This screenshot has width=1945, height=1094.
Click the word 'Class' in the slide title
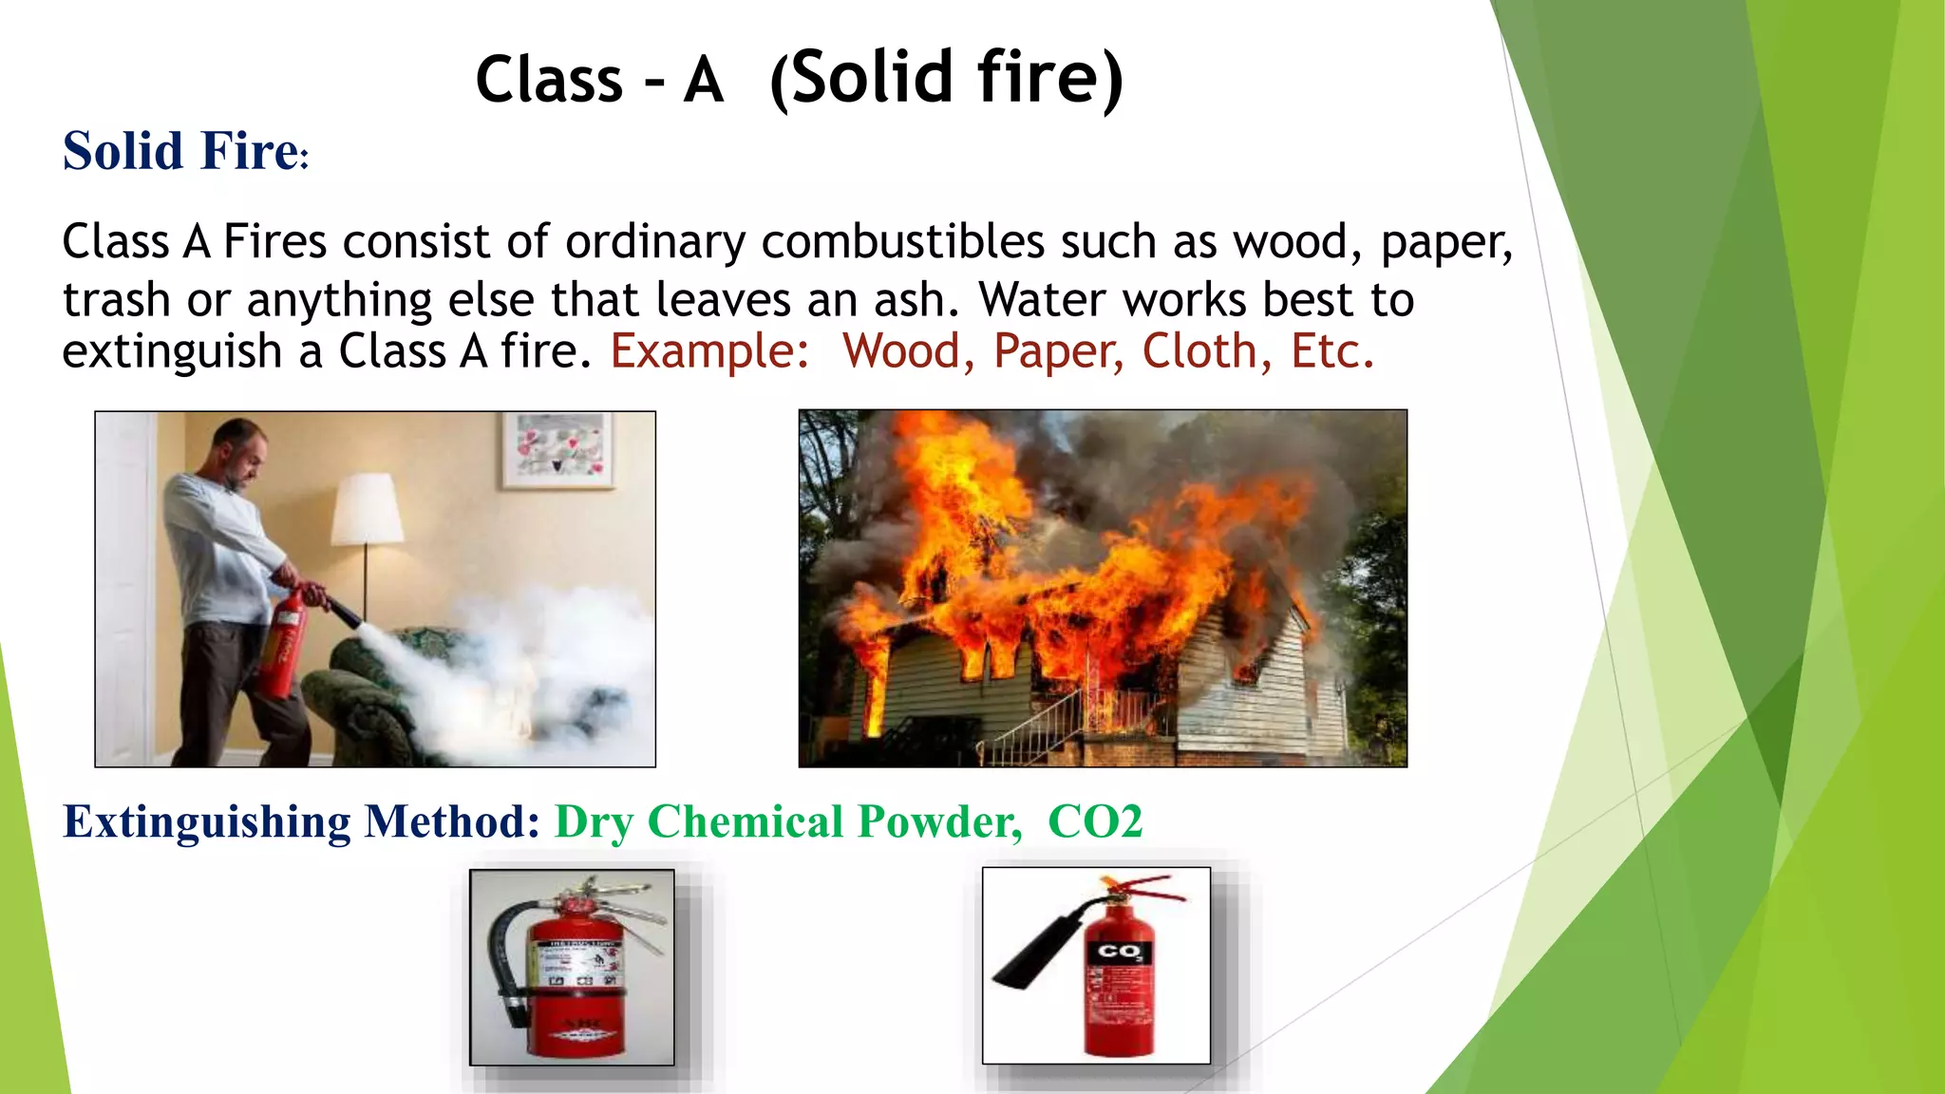548,80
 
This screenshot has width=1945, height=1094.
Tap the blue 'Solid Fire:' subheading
185,152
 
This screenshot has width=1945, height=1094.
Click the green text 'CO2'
1094,821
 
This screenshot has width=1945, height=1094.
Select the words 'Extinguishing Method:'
301,821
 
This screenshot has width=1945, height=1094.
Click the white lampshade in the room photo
367,509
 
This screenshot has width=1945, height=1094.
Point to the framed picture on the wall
557,449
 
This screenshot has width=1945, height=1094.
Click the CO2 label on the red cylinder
1119,951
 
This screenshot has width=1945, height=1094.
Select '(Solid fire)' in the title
946,80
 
